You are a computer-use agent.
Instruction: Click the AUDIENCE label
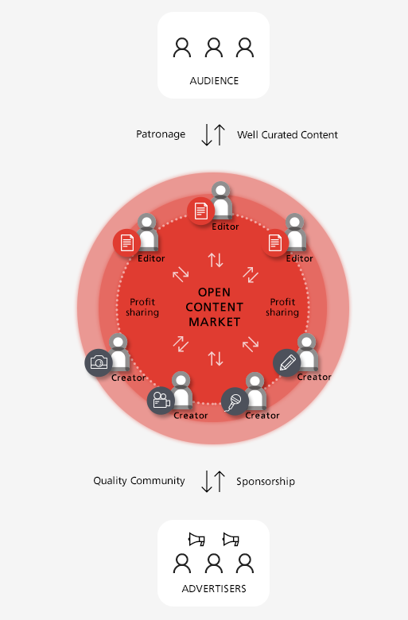point(214,81)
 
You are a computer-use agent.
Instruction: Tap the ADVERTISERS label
point(214,589)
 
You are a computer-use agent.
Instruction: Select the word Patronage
point(161,134)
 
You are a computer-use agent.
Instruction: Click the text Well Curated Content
point(287,135)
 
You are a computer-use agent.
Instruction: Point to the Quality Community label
point(139,481)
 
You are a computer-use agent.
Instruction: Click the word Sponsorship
point(266,481)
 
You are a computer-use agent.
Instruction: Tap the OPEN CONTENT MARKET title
point(214,307)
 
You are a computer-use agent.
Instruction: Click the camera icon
point(99,362)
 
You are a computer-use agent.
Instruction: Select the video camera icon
point(161,401)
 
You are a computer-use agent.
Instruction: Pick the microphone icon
point(235,401)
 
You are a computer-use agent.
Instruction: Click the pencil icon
point(287,362)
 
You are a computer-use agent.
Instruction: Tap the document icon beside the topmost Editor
point(200,211)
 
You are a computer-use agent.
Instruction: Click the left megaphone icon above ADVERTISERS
point(196,540)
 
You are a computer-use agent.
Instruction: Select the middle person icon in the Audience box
point(214,48)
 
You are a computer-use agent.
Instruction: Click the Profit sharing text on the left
point(142,308)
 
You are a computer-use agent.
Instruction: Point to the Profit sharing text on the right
point(282,308)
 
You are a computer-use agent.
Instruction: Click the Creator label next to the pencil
point(314,377)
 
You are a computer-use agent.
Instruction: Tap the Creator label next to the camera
point(128,378)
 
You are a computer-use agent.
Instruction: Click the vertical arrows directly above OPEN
point(216,260)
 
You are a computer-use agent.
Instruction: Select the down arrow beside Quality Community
point(207,481)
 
